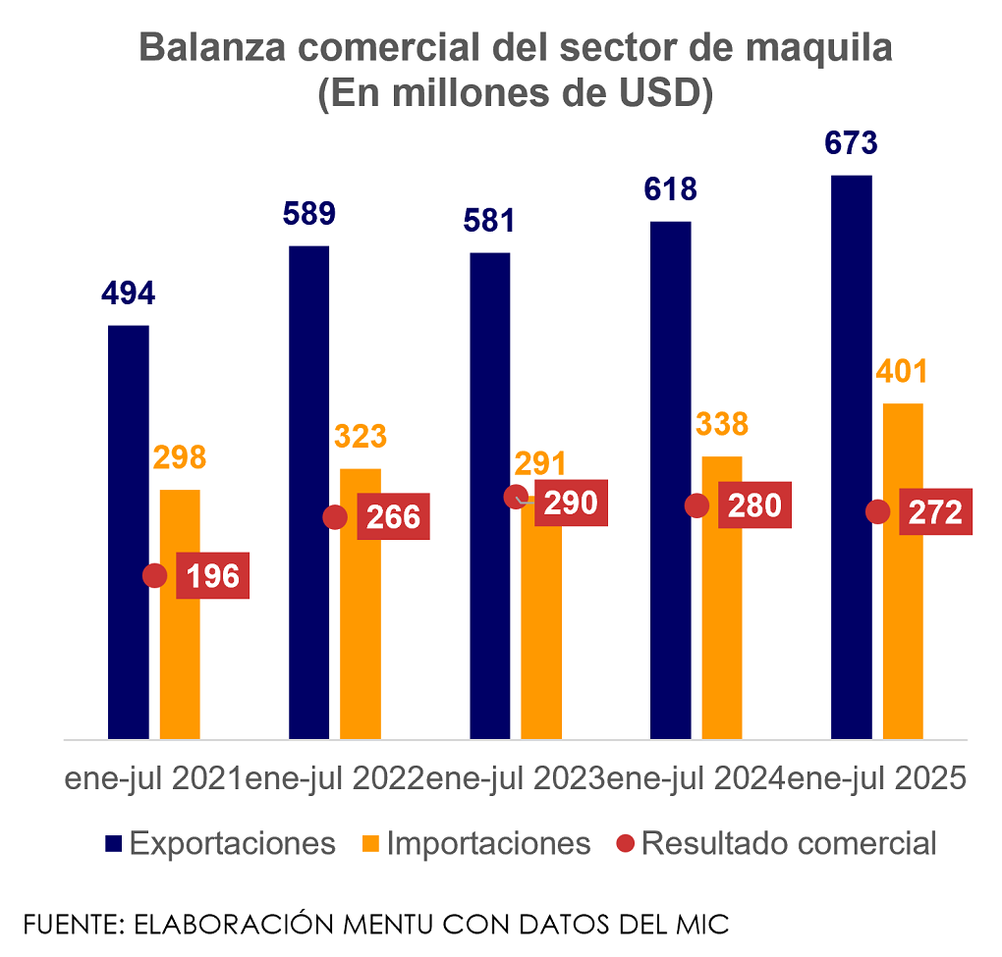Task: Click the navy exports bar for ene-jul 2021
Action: [x=129, y=531]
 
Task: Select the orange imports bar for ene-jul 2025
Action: [x=903, y=570]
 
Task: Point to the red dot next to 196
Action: [x=155, y=576]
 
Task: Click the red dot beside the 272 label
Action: [x=878, y=511]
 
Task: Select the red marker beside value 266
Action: [x=335, y=517]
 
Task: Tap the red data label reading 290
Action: [x=572, y=503]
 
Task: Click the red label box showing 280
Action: [x=754, y=505]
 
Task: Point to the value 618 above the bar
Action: [x=671, y=188]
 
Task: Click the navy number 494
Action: [x=129, y=292]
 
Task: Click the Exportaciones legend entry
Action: [x=221, y=843]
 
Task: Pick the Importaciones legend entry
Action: [x=475, y=843]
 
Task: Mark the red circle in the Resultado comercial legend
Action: [x=627, y=843]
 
